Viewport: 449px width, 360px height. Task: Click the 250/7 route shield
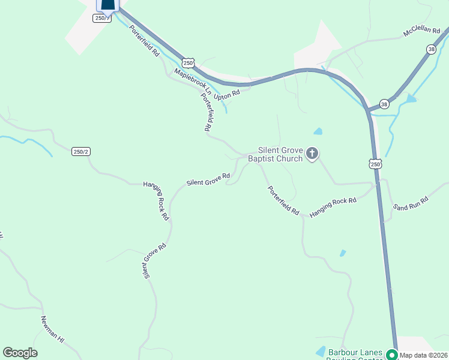coord(101,18)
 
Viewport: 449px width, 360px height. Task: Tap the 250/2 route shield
coord(80,152)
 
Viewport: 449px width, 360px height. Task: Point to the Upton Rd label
coord(228,94)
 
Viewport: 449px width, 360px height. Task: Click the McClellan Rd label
coord(421,31)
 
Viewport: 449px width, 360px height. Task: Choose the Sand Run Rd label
coord(411,203)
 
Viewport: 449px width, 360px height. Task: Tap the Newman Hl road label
coord(52,329)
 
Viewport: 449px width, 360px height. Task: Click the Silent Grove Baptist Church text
coord(280,154)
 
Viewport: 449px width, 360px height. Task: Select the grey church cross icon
coord(312,154)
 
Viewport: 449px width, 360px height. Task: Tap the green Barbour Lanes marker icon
coord(392,355)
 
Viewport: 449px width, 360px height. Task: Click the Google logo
coord(20,353)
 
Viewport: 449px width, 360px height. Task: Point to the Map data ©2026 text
coord(424,355)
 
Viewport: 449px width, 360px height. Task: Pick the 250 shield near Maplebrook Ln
coord(188,63)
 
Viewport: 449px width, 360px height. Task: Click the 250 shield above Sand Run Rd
coord(375,164)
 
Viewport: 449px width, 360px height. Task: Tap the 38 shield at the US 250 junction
coord(384,104)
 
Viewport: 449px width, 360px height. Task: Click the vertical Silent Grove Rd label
coord(153,262)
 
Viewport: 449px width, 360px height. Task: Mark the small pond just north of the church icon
coord(318,131)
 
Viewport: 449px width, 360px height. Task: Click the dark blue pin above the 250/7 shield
coord(108,5)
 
